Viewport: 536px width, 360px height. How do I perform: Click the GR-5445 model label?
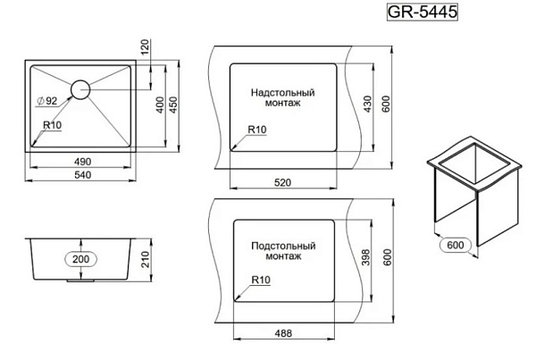click(423, 12)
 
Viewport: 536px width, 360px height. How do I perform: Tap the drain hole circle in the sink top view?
click(80, 80)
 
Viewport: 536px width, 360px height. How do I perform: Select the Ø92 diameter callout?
click(46, 101)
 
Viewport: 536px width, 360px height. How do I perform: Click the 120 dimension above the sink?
click(146, 46)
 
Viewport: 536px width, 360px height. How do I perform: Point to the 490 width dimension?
click(83, 162)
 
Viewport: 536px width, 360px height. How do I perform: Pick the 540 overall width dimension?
click(83, 175)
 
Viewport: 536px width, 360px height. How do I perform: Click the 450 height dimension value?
click(173, 105)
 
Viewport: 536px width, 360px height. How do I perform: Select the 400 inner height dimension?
click(160, 105)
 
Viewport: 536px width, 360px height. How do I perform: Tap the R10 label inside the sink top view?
click(53, 125)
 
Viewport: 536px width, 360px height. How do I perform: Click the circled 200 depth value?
click(81, 259)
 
